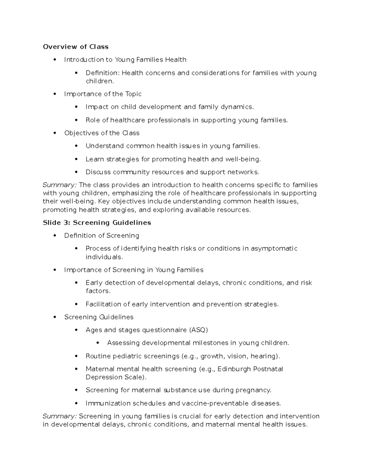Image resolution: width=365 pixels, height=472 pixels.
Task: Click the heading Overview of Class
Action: tap(75, 47)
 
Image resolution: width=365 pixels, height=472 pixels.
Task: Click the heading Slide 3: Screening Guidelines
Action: tap(97, 222)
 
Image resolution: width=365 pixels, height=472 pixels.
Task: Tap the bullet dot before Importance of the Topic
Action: tap(55, 94)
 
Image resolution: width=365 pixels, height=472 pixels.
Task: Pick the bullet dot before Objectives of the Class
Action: tap(55, 133)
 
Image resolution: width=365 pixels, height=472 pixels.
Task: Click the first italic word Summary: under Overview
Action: tap(60, 185)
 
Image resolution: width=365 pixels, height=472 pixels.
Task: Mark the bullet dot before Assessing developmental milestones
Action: tap(98, 343)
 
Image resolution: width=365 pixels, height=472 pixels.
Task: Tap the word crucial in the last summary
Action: tap(190, 416)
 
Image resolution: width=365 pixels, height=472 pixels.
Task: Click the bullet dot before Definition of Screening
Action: tap(55, 236)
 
